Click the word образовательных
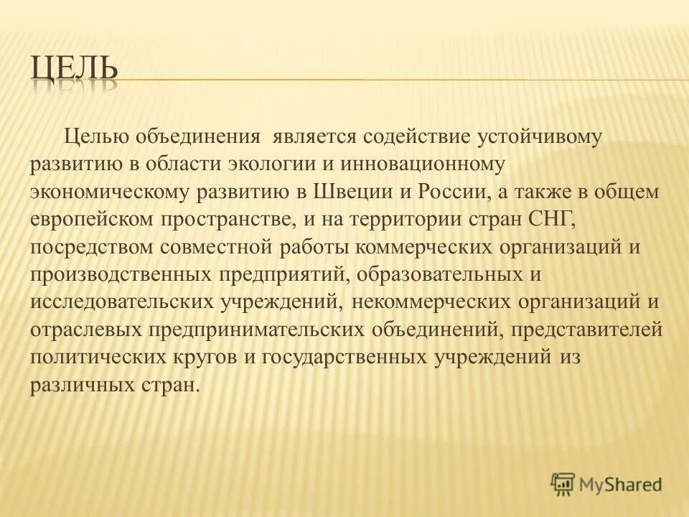pos(438,274)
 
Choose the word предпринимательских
pos(257,330)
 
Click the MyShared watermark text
pos(620,484)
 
